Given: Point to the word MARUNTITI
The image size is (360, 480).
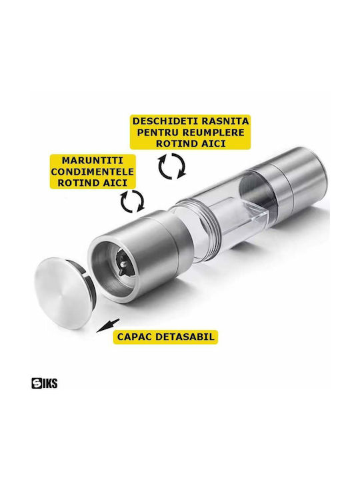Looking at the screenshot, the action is (93, 161).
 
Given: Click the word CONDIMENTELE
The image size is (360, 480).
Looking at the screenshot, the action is (93, 171).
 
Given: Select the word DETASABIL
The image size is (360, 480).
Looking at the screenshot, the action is (185, 337).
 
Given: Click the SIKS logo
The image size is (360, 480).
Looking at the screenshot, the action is (45, 383).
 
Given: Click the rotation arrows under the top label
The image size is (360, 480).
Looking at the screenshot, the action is (172, 166).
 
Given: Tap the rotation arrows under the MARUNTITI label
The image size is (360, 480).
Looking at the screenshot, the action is (132, 201).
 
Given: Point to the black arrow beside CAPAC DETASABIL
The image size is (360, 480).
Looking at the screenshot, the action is (108, 326).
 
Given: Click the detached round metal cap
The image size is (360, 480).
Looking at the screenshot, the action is (63, 293).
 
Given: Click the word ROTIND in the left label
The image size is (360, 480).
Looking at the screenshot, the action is (76, 183).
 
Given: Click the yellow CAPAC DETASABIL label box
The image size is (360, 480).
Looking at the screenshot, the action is (165, 337).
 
